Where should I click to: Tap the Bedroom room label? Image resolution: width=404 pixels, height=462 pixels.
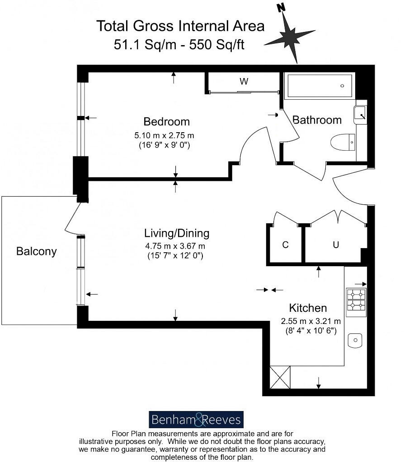pyautogui.click(x=166, y=121)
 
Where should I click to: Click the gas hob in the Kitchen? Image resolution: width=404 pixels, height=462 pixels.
pyautogui.click(x=356, y=302)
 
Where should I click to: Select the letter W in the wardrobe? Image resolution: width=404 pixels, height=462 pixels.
pyautogui.click(x=244, y=82)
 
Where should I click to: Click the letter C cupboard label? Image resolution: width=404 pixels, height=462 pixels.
pyautogui.click(x=285, y=245)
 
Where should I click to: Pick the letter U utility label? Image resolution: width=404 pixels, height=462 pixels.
pyautogui.click(x=336, y=245)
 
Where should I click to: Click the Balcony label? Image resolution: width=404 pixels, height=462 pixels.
pyautogui.click(x=37, y=251)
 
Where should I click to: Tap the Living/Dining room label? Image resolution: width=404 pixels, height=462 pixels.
pyautogui.click(x=177, y=233)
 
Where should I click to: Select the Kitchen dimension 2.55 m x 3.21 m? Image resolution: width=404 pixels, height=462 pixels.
pyautogui.click(x=311, y=322)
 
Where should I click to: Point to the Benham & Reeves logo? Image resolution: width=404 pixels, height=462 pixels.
pyautogui.click(x=196, y=420)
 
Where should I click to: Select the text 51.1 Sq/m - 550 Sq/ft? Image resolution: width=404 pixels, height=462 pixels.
pyautogui.click(x=179, y=45)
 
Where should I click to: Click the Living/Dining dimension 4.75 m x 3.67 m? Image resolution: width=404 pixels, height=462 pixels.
pyautogui.click(x=175, y=246)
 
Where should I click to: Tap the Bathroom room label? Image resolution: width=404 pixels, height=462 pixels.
pyautogui.click(x=317, y=120)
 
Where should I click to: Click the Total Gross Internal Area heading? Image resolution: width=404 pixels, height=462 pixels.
pyautogui.click(x=180, y=26)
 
